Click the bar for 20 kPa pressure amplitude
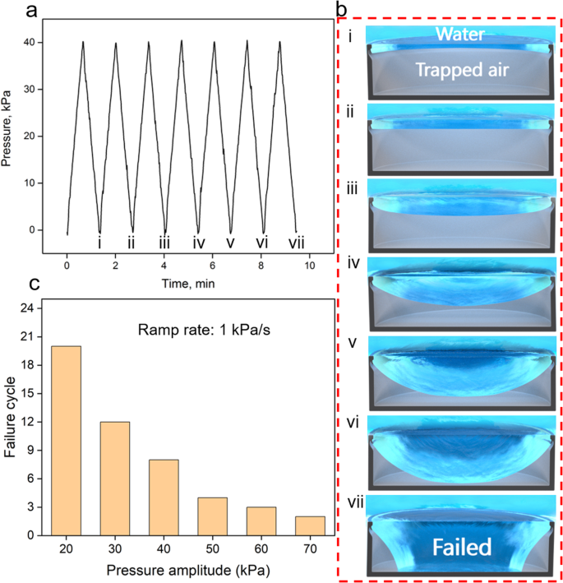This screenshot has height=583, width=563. tap(67, 440)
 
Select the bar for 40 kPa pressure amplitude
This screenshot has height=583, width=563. tap(164, 497)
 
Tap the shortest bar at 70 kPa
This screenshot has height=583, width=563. tap(309, 525)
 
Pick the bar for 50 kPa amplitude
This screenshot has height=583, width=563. tap(212, 516)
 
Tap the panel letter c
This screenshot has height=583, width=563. tap(10, 283)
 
